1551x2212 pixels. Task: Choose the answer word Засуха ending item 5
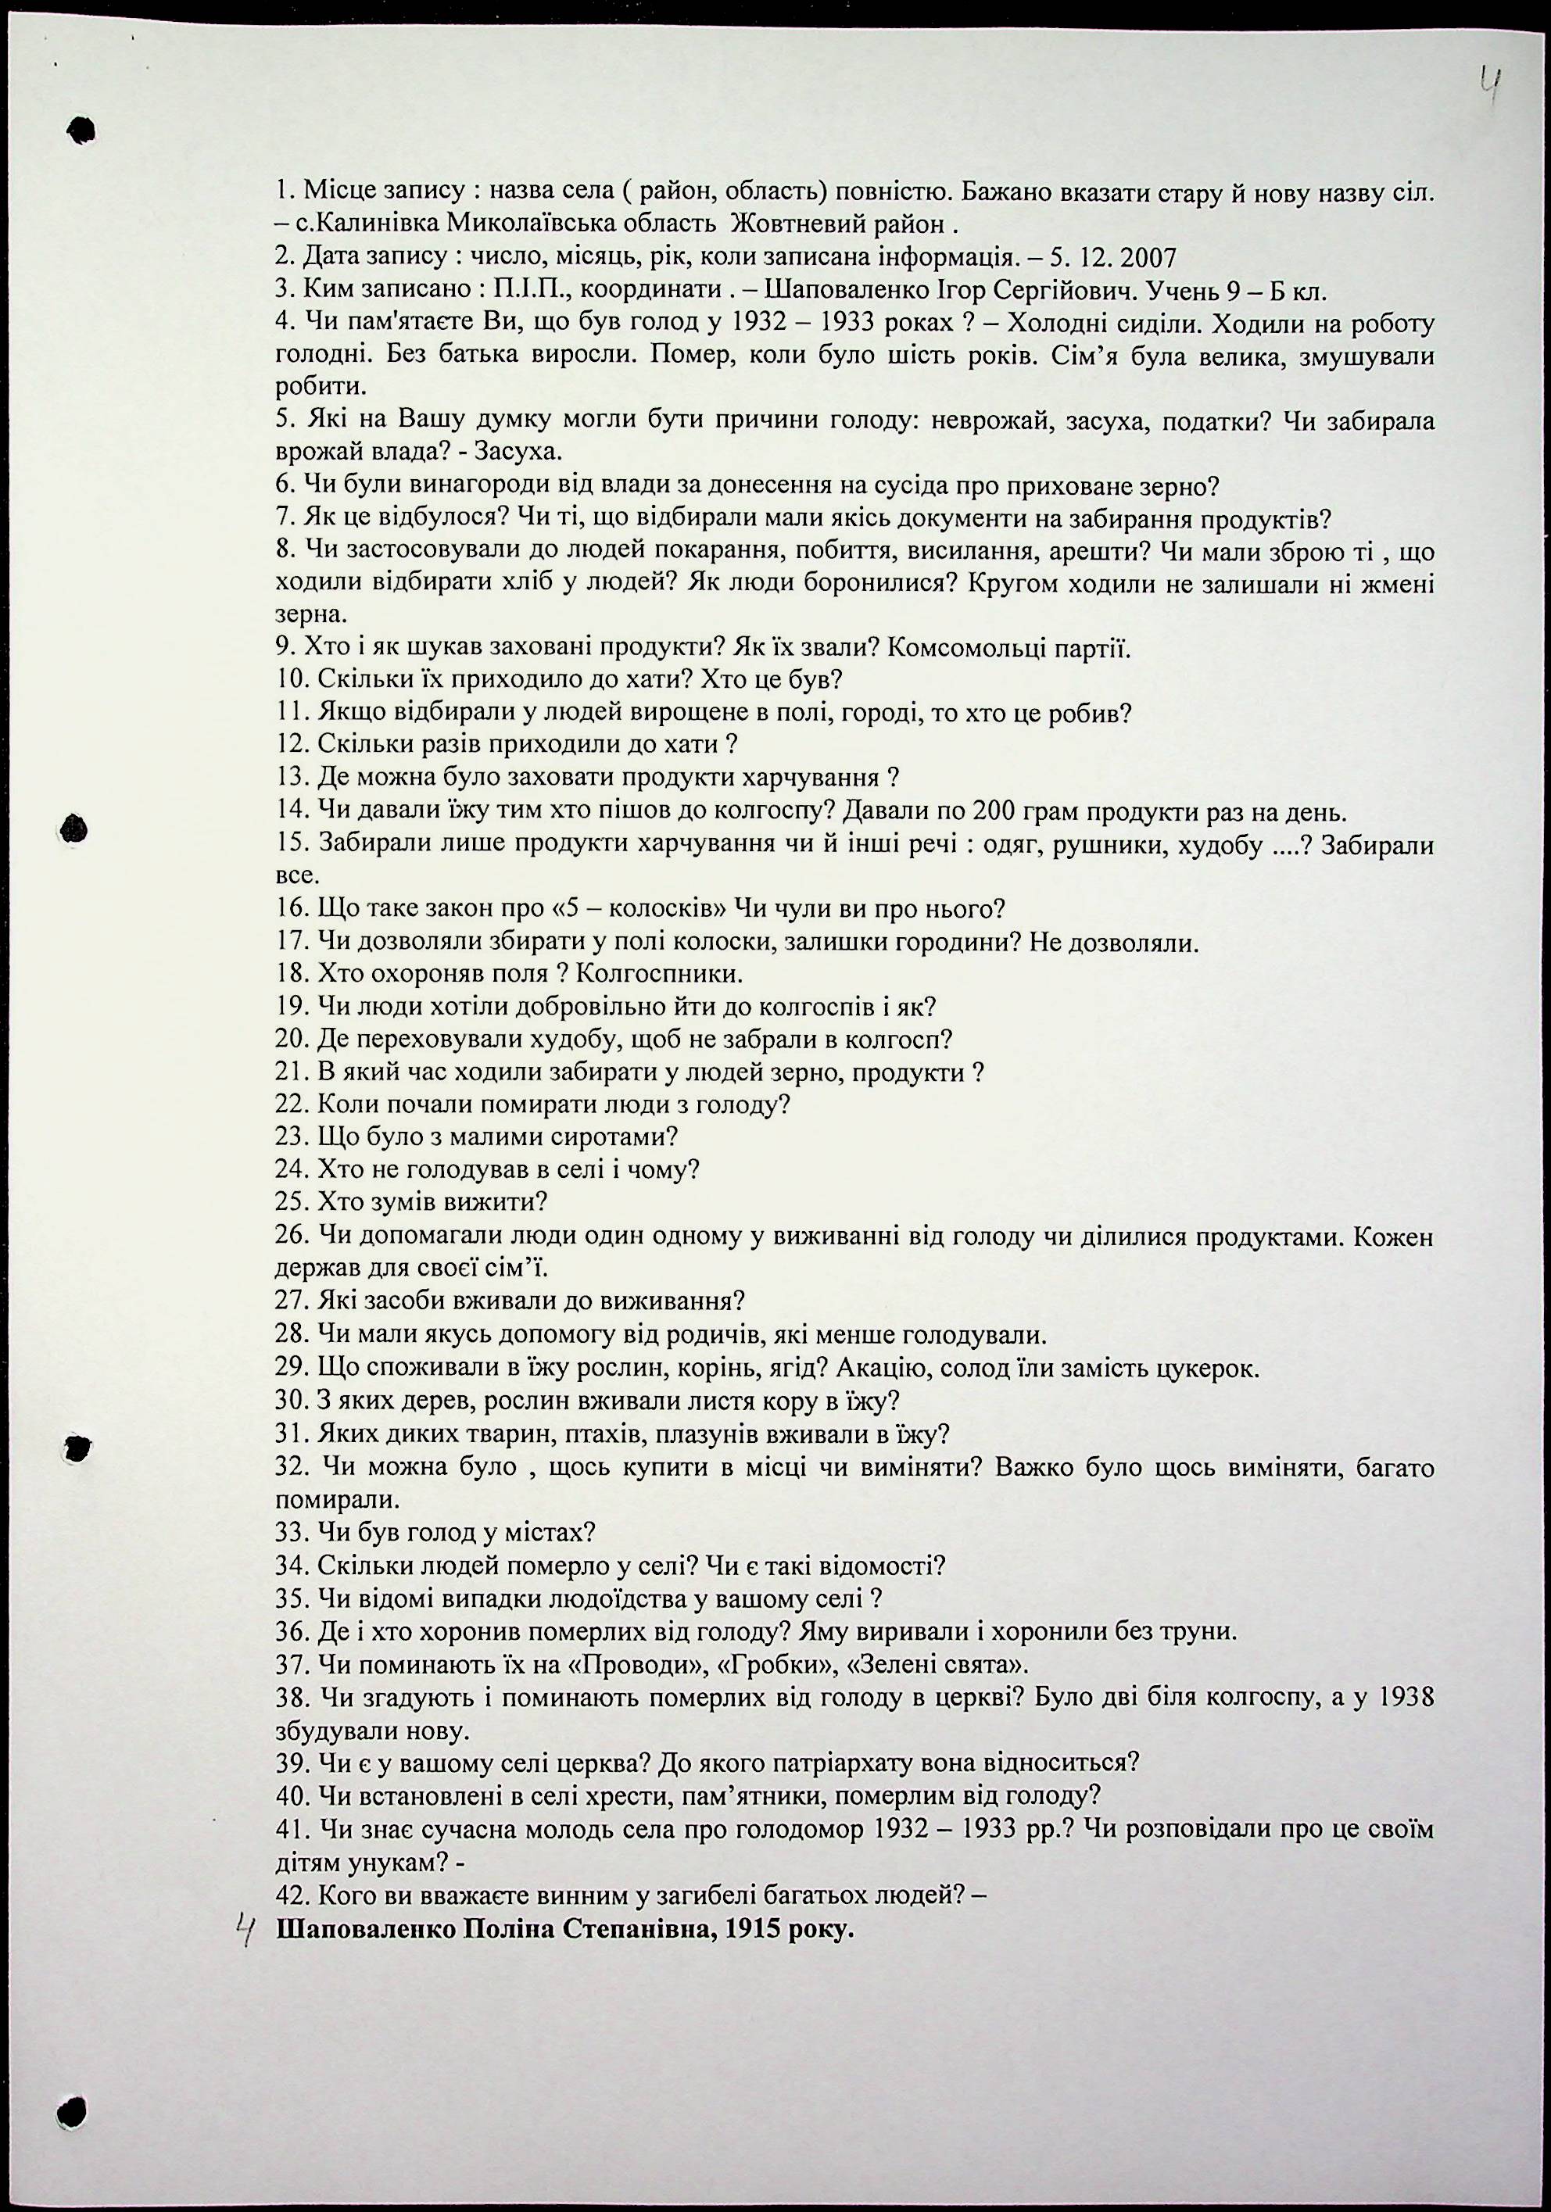[526, 453]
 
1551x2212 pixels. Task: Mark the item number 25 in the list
[290, 1202]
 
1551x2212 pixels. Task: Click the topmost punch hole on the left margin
[80, 129]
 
